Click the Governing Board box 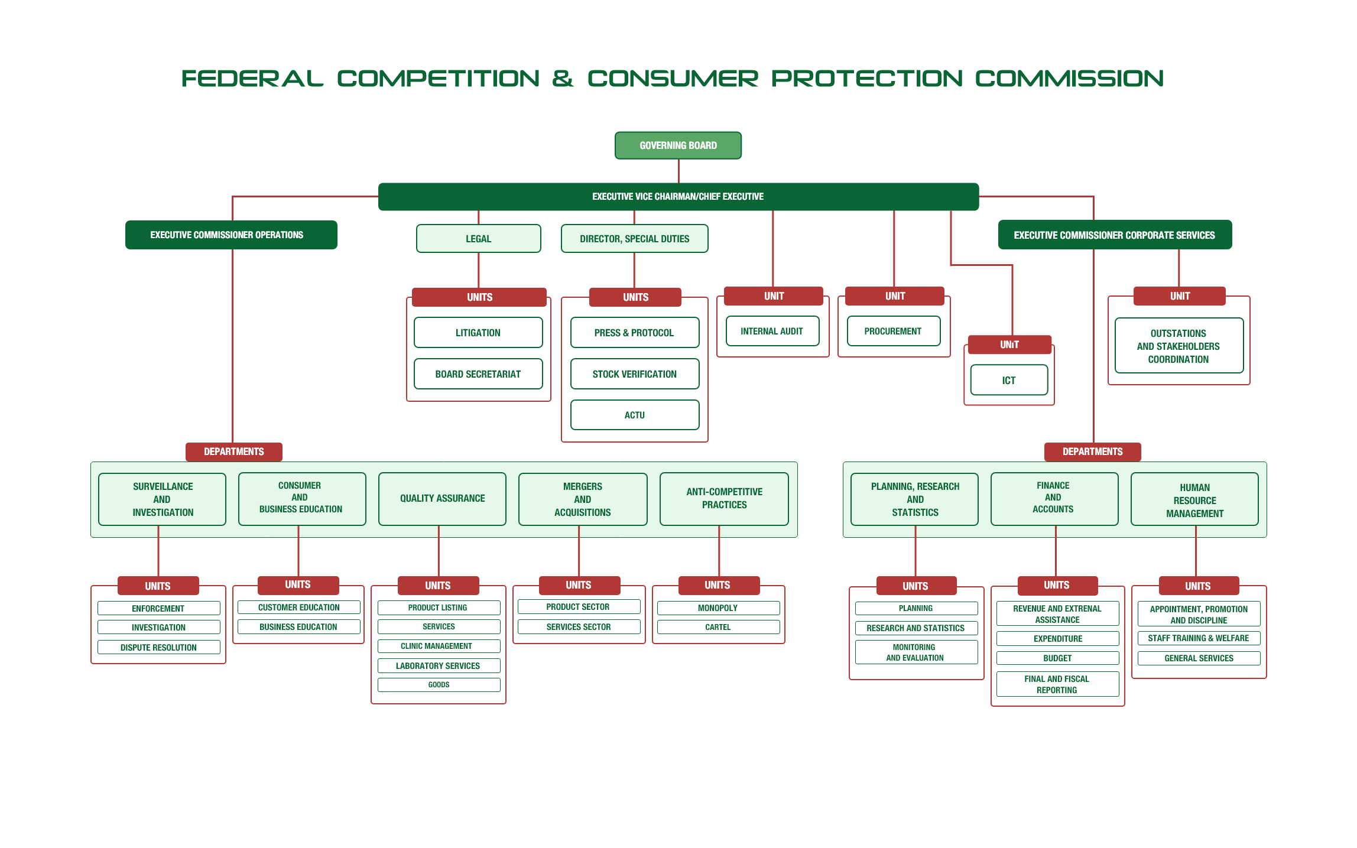click(x=678, y=145)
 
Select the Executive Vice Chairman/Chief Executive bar click(x=678, y=196)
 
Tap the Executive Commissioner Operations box click(x=231, y=235)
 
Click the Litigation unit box click(x=478, y=333)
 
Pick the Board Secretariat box click(x=478, y=374)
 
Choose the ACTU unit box click(x=635, y=415)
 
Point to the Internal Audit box click(x=772, y=331)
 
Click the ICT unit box click(x=1009, y=380)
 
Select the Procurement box click(x=894, y=331)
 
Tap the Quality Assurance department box click(x=442, y=499)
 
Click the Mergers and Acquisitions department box click(x=583, y=499)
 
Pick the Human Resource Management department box click(x=1194, y=499)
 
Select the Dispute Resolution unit click(x=158, y=647)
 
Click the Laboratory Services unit click(x=439, y=665)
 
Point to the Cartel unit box click(x=718, y=627)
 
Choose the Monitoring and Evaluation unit click(x=916, y=652)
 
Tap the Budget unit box click(x=1057, y=658)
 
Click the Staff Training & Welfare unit click(x=1199, y=638)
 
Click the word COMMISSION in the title click(x=1069, y=79)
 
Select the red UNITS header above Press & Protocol click(x=635, y=297)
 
